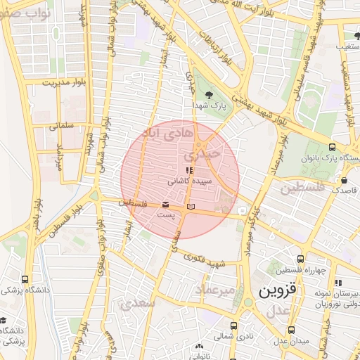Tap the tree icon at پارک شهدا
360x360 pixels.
click(x=209, y=94)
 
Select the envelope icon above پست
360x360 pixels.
click(x=165, y=204)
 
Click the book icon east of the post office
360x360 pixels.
click(x=191, y=206)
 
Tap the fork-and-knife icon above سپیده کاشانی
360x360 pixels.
click(x=188, y=170)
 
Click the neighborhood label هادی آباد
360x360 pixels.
click(x=166, y=133)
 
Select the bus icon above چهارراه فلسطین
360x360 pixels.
click(x=301, y=259)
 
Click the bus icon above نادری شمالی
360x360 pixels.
click(x=233, y=326)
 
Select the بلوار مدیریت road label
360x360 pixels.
click(x=63, y=82)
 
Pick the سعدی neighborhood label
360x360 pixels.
click(x=137, y=304)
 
